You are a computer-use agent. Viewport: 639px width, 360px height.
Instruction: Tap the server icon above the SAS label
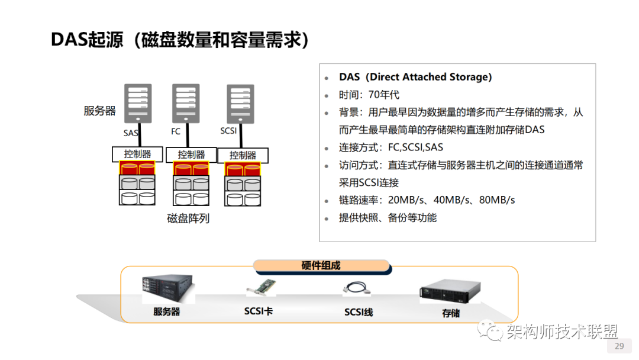[x=137, y=102]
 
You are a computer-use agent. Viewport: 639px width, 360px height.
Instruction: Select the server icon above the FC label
[x=186, y=102]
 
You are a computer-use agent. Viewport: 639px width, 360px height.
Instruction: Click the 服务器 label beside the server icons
[x=99, y=111]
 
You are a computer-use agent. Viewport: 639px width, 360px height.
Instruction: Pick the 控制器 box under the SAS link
[x=137, y=154]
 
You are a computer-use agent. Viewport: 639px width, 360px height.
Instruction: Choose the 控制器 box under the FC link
[x=191, y=155]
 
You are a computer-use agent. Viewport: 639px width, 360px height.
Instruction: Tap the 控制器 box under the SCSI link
[x=243, y=155]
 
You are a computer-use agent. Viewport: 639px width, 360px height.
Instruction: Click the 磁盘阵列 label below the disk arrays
[x=188, y=218]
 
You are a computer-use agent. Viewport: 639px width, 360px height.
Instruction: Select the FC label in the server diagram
[x=176, y=131]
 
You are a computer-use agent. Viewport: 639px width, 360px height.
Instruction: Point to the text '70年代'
[x=384, y=95]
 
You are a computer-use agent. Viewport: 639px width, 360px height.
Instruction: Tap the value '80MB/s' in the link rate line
[x=497, y=200]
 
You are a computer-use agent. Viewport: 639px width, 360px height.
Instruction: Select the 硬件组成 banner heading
[x=321, y=266]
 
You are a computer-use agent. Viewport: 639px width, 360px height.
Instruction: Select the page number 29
[x=619, y=346]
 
